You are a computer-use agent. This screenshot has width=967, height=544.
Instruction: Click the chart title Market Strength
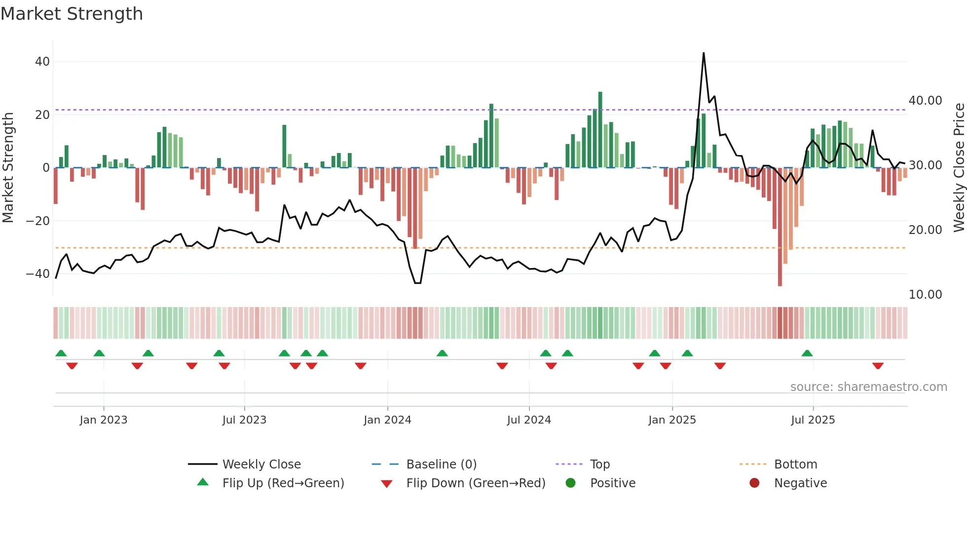[x=72, y=14]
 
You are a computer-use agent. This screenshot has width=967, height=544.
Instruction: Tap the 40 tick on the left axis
[x=42, y=62]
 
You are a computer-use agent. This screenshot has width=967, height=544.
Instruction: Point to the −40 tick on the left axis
[x=38, y=273]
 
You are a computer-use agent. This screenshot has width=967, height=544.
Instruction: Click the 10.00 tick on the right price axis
[x=925, y=295]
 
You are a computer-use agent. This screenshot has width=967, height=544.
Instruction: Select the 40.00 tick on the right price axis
[x=925, y=101]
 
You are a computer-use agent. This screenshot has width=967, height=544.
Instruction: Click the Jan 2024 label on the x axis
[x=387, y=420]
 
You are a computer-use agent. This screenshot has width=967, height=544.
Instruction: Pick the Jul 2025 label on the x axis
[x=813, y=420]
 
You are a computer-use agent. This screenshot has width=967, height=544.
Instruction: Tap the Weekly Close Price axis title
[x=959, y=168]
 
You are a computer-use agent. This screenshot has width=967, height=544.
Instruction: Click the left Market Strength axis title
[x=8, y=168]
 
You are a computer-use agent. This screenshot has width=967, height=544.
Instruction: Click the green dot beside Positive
[x=571, y=483]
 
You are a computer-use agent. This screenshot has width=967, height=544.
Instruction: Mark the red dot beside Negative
[x=754, y=483]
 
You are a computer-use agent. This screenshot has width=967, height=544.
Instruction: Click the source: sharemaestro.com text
[x=868, y=387]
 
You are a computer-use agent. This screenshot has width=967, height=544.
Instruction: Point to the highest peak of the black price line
[x=704, y=53]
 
